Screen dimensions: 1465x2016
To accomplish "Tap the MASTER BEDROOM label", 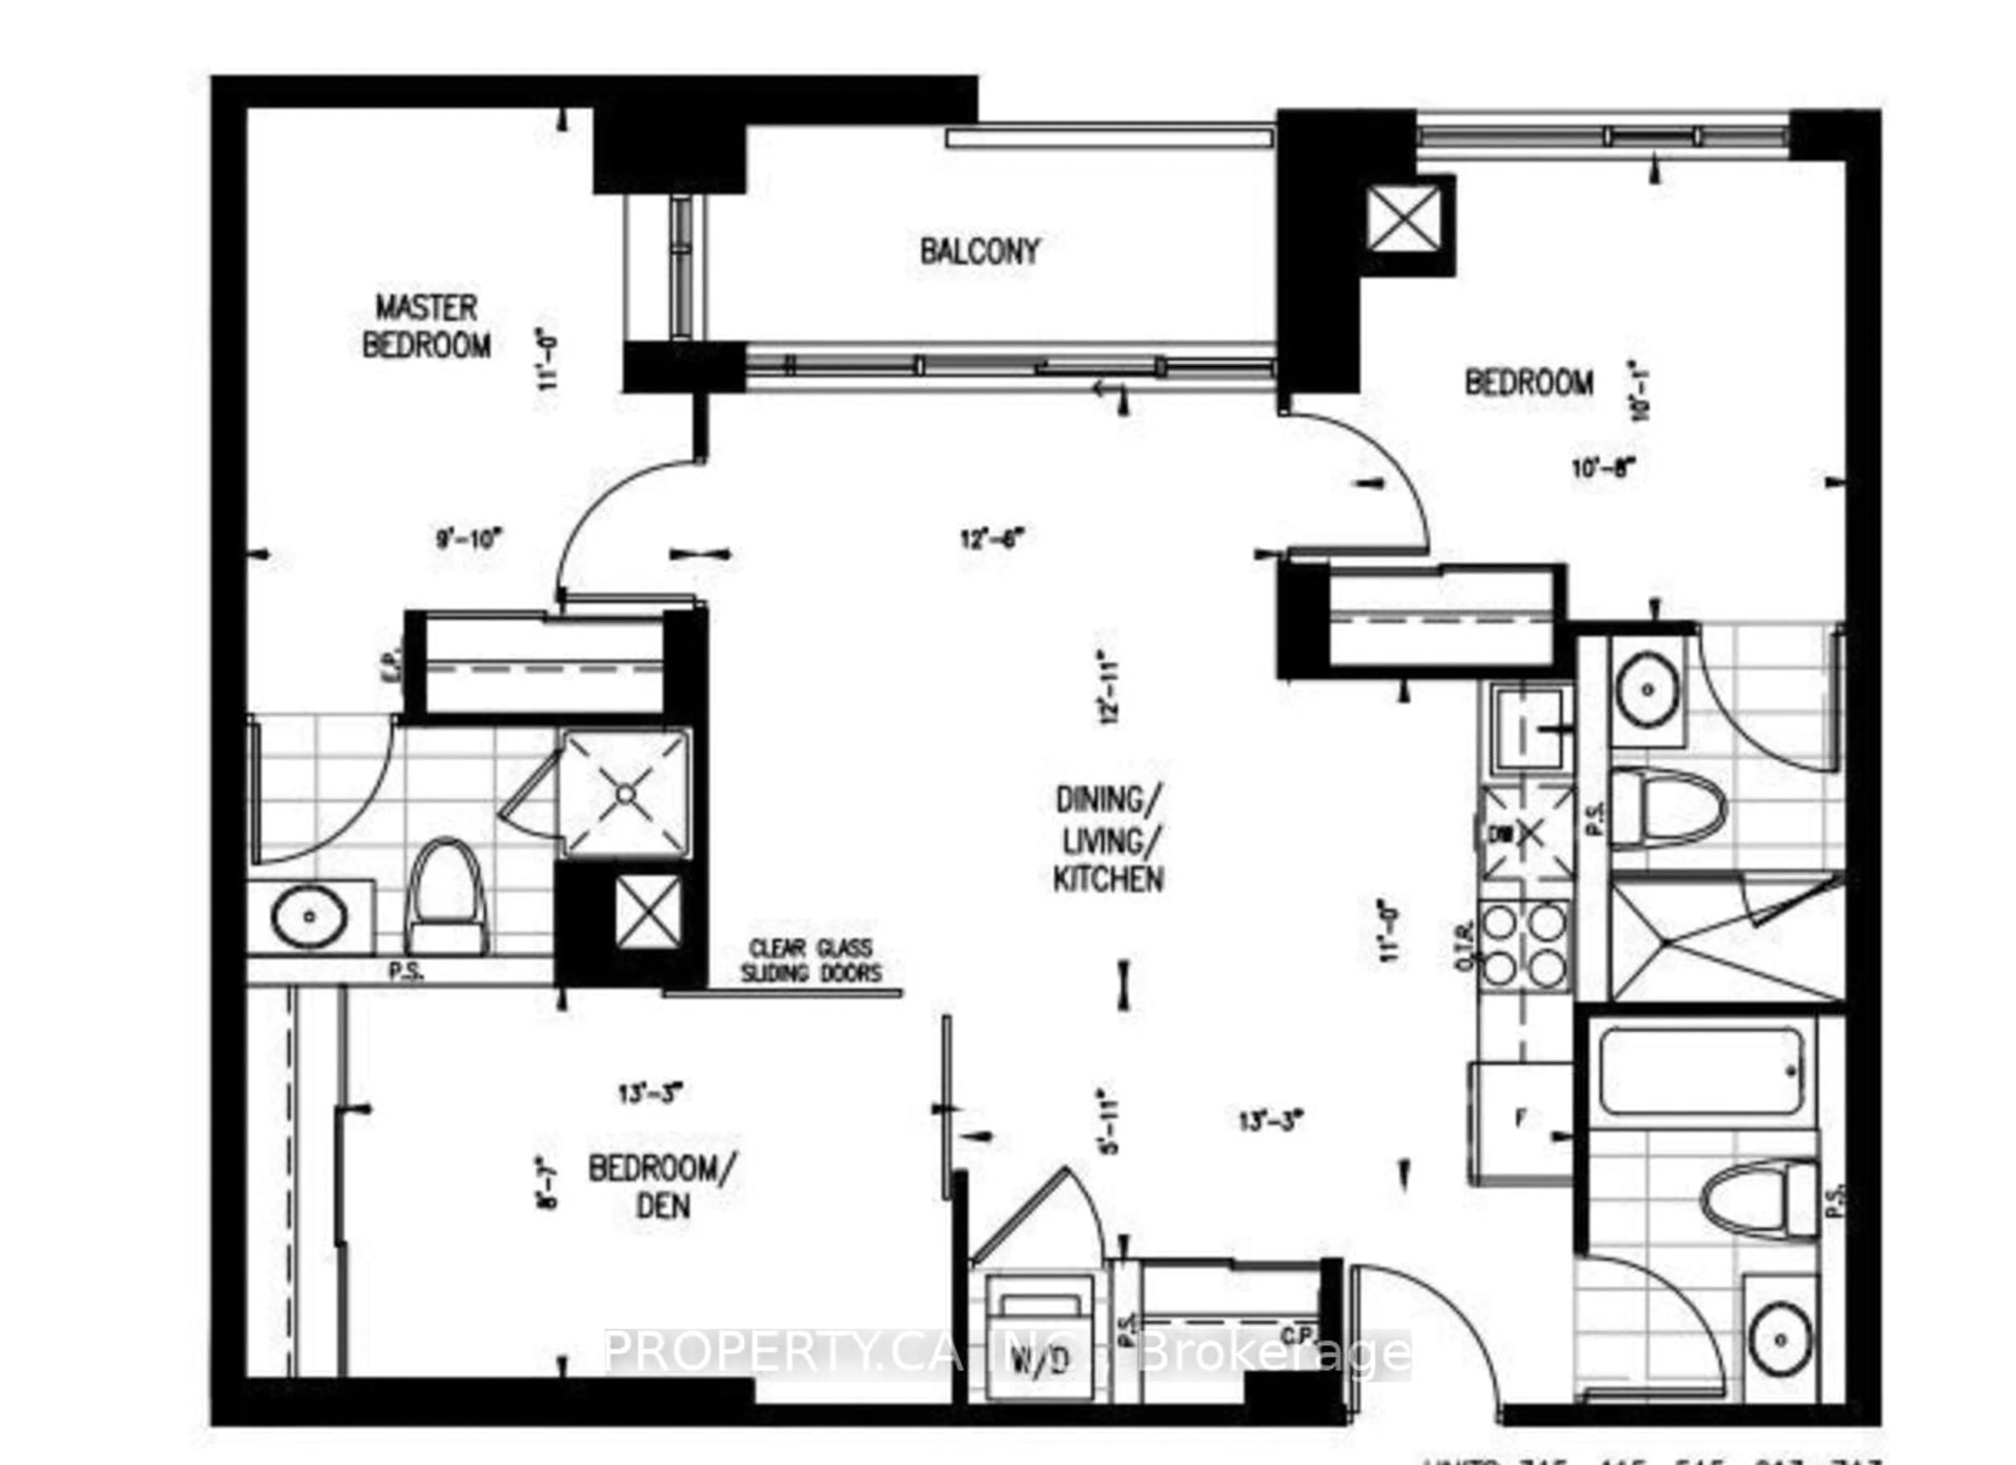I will [x=427, y=326].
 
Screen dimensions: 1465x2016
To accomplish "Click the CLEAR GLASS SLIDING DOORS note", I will [x=811, y=961].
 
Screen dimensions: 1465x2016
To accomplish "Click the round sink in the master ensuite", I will [x=309, y=916].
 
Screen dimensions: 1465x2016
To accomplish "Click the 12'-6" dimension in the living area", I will [x=993, y=538].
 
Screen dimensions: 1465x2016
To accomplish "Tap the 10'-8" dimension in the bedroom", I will [x=1604, y=467].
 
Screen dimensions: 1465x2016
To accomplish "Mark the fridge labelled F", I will [x=1520, y=1122].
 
